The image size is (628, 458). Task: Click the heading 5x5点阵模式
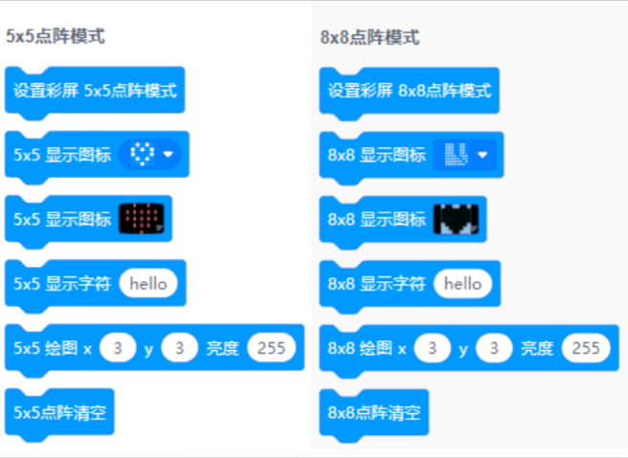(56, 36)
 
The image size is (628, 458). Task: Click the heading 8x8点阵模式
(370, 37)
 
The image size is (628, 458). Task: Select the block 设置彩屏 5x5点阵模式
(95, 91)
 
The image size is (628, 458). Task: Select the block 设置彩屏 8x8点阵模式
(409, 92)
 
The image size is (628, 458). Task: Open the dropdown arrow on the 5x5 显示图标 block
(168, 154)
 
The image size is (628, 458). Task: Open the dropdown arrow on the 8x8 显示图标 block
(482, 155)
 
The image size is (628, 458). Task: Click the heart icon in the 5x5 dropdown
(143, 154)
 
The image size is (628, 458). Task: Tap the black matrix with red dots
(142, 218)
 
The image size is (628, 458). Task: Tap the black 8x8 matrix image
(457, 219)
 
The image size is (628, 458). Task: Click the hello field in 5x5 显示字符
(148, 284)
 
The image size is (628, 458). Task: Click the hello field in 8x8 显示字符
(462, 284)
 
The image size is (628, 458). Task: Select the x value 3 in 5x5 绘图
(118, 348)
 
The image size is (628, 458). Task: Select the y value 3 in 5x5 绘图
(179, 348)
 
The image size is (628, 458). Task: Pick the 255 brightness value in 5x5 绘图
(272, 348)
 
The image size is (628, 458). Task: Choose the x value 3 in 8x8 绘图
(432, 348)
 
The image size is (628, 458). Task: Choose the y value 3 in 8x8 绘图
(494, 348)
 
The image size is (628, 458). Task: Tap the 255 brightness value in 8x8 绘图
(586, 348)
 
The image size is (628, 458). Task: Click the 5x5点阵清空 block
(59, 413)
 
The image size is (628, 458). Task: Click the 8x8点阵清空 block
(373, 413)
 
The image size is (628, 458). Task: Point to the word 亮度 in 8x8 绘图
(537, 349)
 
